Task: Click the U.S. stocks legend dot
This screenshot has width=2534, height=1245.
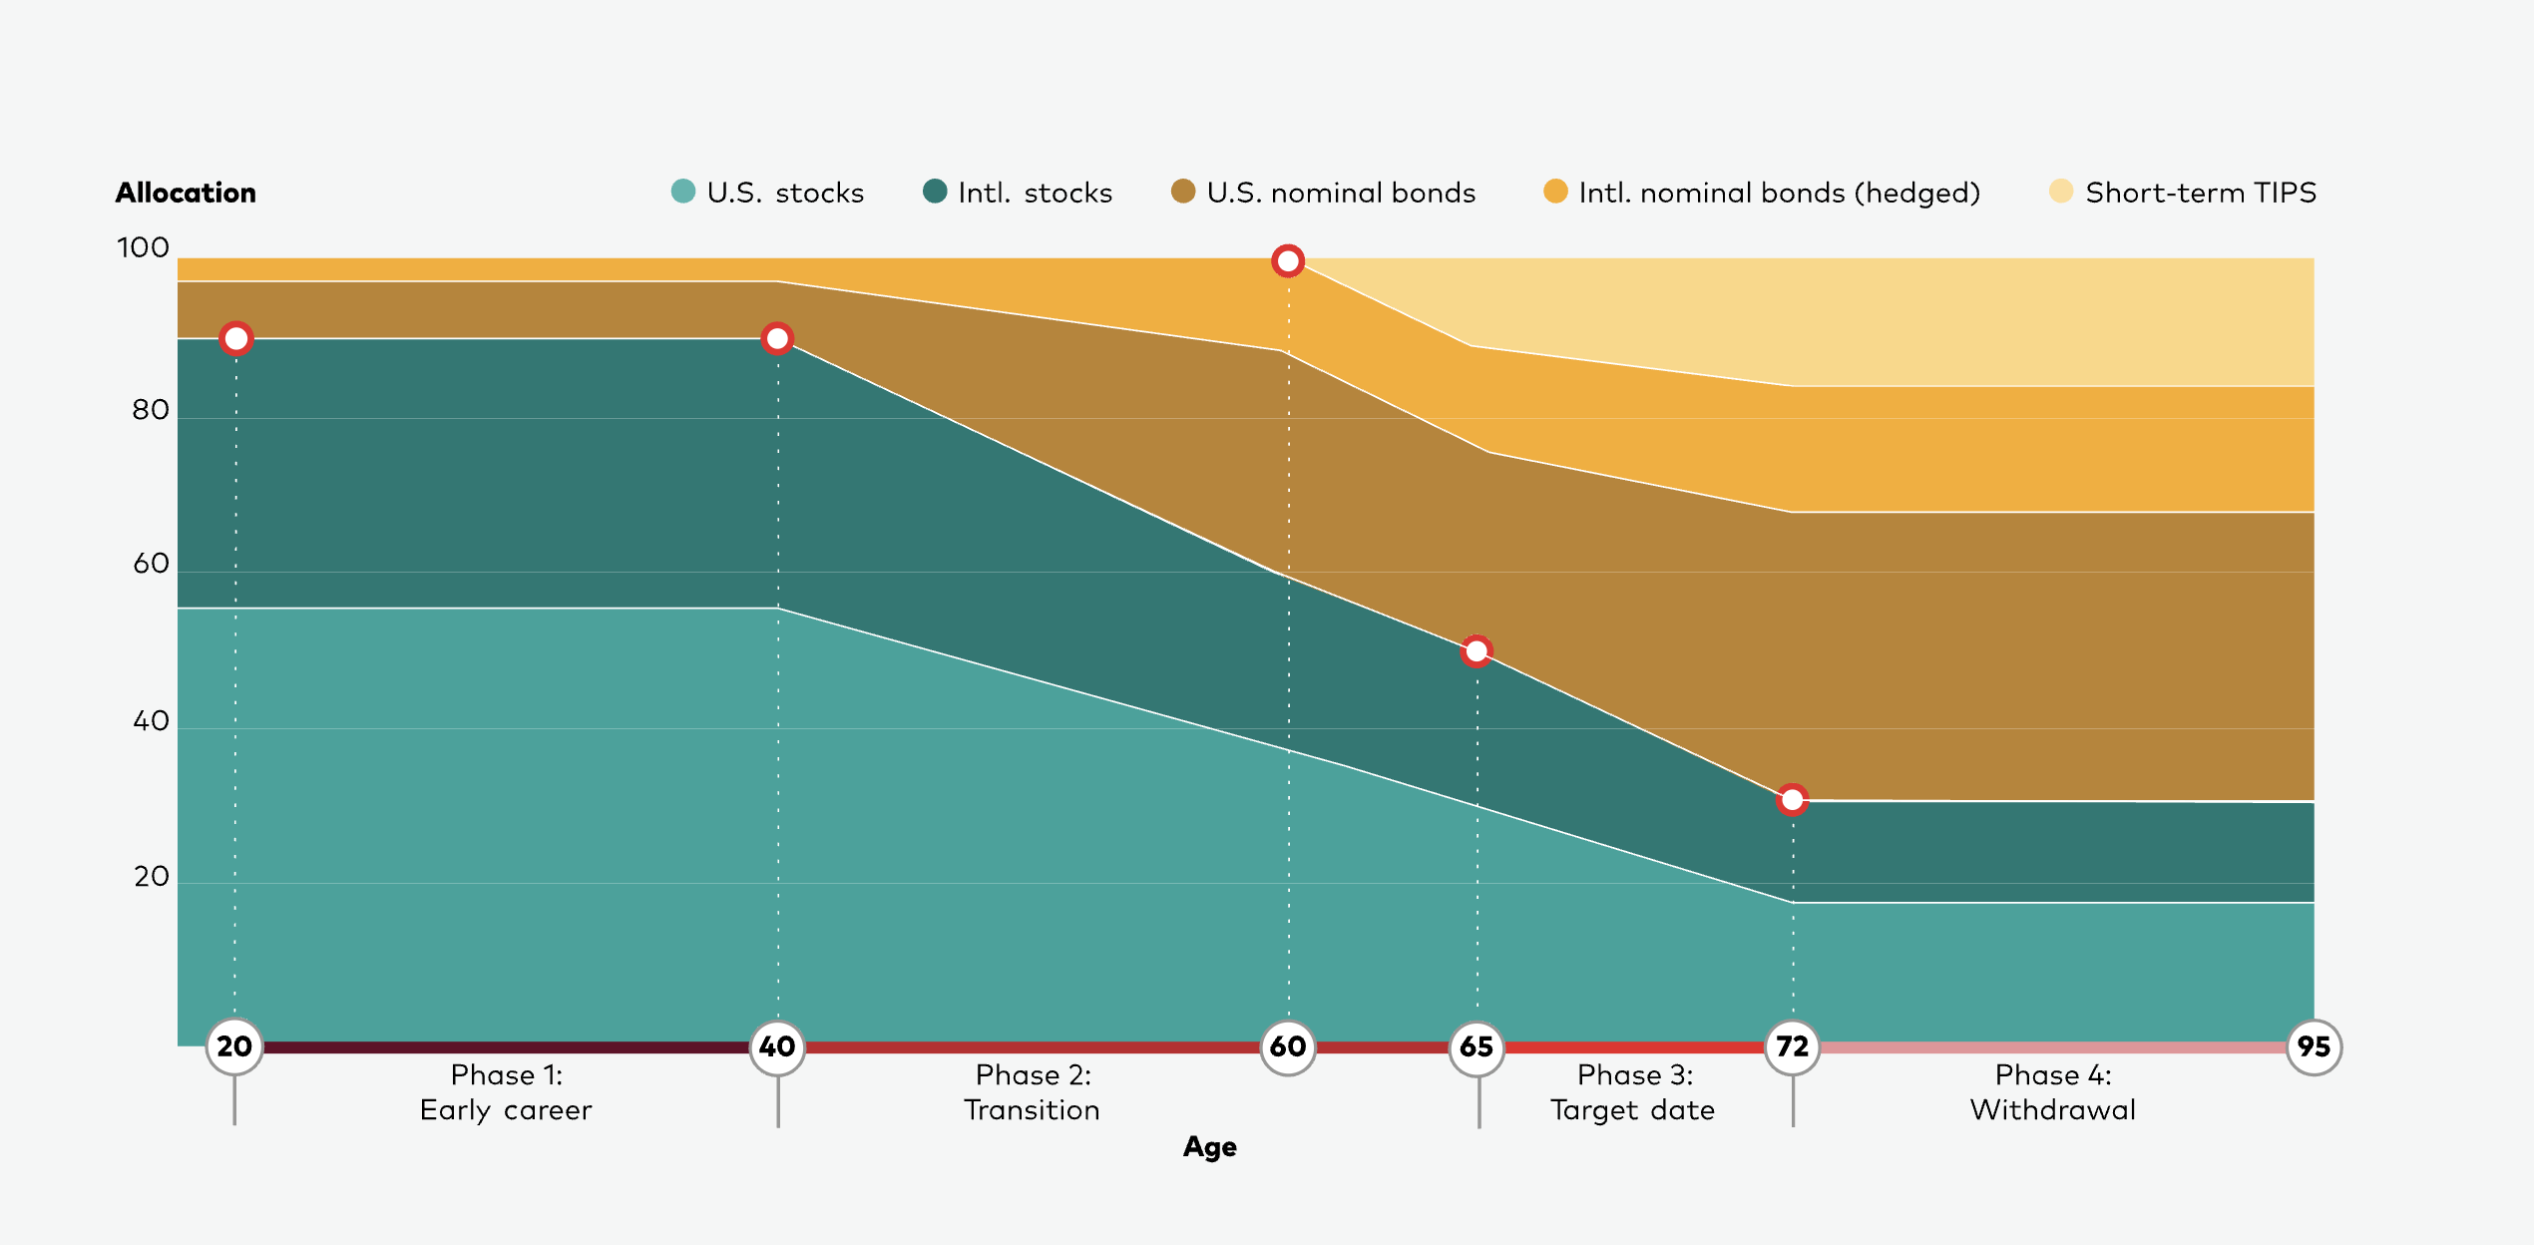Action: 683,191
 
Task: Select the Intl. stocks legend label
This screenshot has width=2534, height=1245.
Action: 1035,193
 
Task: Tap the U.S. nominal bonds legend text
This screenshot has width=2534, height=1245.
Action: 1341,193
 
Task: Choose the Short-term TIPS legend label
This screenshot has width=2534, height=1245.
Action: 2200,193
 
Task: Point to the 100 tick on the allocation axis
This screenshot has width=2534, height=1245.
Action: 143,247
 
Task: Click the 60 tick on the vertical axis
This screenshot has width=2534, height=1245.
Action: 151,564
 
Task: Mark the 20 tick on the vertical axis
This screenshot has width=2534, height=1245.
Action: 151,877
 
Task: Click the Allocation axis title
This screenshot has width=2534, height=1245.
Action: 186,193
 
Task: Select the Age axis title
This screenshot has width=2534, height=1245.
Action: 1209,1147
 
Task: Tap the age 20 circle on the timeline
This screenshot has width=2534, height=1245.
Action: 234,1046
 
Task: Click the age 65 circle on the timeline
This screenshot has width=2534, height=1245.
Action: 1477,1046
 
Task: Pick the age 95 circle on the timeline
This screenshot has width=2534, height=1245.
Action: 2314,1046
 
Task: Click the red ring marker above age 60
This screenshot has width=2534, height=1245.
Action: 1288,261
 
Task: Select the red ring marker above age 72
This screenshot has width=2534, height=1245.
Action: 1792,799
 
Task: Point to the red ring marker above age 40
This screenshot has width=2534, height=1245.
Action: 777,339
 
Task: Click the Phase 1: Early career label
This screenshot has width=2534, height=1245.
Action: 506,1092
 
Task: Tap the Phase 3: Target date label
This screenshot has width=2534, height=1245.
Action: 1633,1092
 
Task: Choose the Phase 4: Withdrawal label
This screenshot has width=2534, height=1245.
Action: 2052,1092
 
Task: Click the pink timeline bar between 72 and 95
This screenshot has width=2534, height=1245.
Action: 2052,1047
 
